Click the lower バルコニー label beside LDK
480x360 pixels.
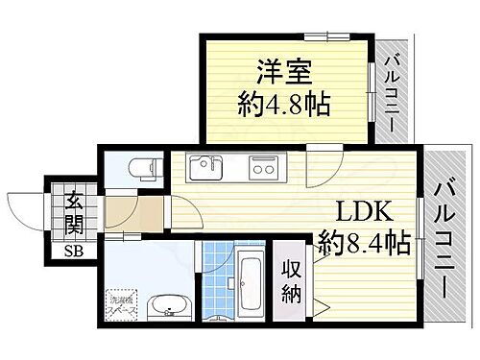coord(444,231)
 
